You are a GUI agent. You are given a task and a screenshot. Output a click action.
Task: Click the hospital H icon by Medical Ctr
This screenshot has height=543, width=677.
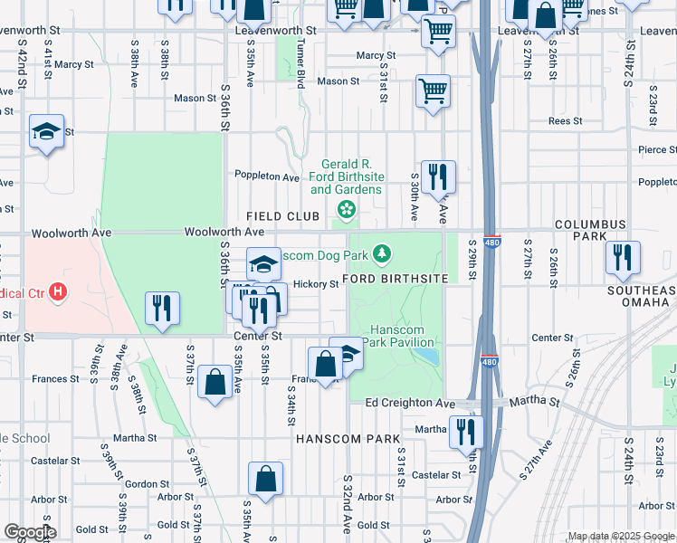coord(59,291)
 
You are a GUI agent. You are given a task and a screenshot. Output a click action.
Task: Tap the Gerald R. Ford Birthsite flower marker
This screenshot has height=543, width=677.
coord(345,210)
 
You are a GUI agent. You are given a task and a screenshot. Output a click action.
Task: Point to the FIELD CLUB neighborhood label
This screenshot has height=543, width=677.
coord(283,216)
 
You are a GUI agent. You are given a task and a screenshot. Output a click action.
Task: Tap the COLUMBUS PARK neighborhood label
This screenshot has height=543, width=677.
coord(590,230)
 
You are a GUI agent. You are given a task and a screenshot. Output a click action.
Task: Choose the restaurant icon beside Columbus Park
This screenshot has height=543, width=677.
coord(623,257)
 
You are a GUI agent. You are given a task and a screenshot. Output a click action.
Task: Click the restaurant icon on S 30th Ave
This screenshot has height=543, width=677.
coord(438,176)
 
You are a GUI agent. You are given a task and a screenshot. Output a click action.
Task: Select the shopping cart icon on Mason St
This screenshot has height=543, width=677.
coord(433,90)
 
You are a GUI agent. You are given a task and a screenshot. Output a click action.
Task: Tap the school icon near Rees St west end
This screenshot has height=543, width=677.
coord(46,131)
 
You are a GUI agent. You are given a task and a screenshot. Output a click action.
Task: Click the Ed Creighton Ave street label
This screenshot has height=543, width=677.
coord(409,402)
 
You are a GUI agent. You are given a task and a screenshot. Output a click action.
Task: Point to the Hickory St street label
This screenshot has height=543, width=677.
coord(316,284)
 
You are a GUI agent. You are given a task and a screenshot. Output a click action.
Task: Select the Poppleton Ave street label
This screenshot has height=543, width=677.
coord(266,176)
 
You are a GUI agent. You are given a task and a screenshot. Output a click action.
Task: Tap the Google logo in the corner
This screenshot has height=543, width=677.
coord(29,532)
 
